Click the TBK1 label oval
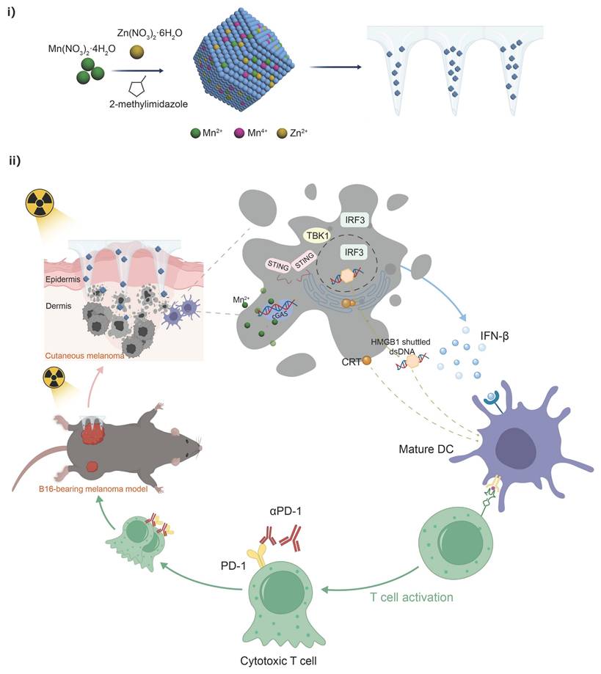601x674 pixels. [318, 235]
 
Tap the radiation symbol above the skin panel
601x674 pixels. [37, 204]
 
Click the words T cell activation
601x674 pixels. [412, 597]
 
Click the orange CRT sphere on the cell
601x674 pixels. [366, 360]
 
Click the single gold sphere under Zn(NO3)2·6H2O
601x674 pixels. [136, 51]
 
